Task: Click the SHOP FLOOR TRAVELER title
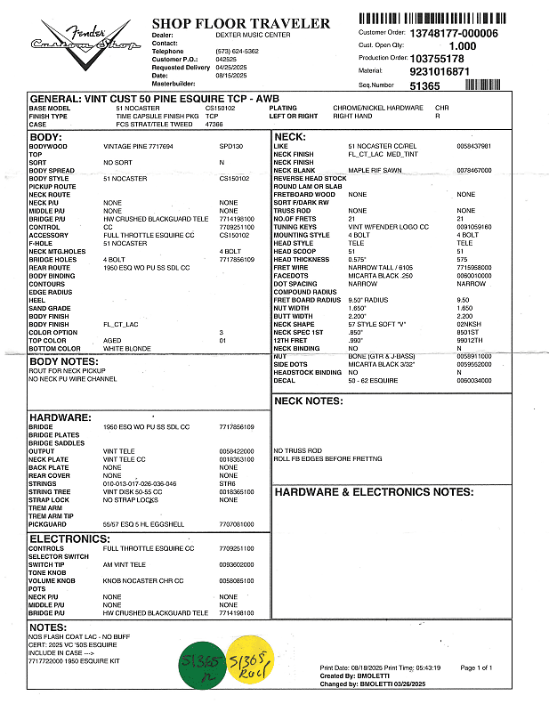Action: click(240, 24)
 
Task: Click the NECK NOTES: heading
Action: click(308, 401)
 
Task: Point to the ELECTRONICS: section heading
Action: click(69, 538)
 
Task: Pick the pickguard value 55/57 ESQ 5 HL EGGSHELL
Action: click(143, 524)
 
